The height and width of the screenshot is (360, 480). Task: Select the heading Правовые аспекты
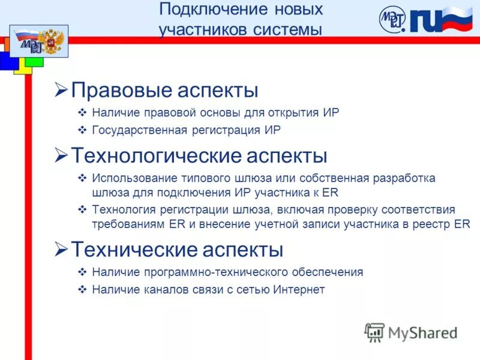(164, 91)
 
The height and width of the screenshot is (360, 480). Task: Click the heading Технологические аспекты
(199, 156)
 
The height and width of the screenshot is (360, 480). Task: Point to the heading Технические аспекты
(177, 249)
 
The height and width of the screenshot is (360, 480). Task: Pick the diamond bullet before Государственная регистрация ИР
(83, 130)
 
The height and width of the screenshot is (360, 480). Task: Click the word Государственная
(140, 130)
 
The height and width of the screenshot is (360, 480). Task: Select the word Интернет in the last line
(299, 290)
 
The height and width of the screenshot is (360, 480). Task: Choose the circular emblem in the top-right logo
(392, 19)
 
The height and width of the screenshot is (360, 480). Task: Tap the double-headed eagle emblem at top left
(55, 41)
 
